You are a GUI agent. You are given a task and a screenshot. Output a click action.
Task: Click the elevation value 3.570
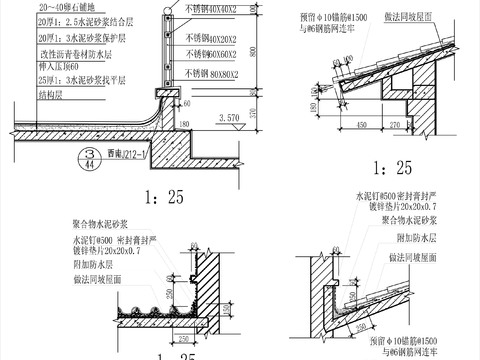pyautogui.click(x=229, y=117)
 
